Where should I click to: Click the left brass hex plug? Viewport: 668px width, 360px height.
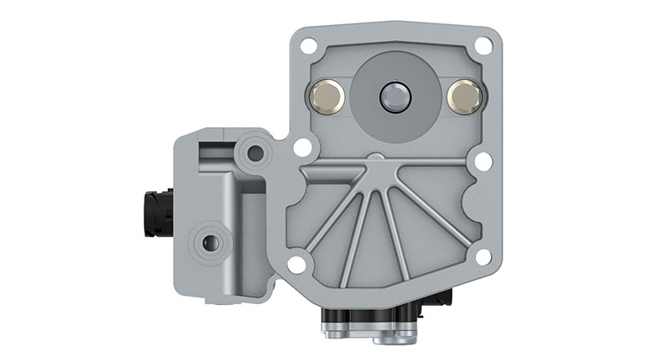coord(326,98)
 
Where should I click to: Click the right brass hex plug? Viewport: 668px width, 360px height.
coord(464,98)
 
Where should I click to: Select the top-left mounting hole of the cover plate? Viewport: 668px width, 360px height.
coord(307,46)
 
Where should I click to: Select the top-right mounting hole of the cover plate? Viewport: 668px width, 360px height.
coord(483,46)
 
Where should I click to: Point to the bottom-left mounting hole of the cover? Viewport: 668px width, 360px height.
coord(296,265)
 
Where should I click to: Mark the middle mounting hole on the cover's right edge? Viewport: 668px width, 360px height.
coord(483,160)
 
